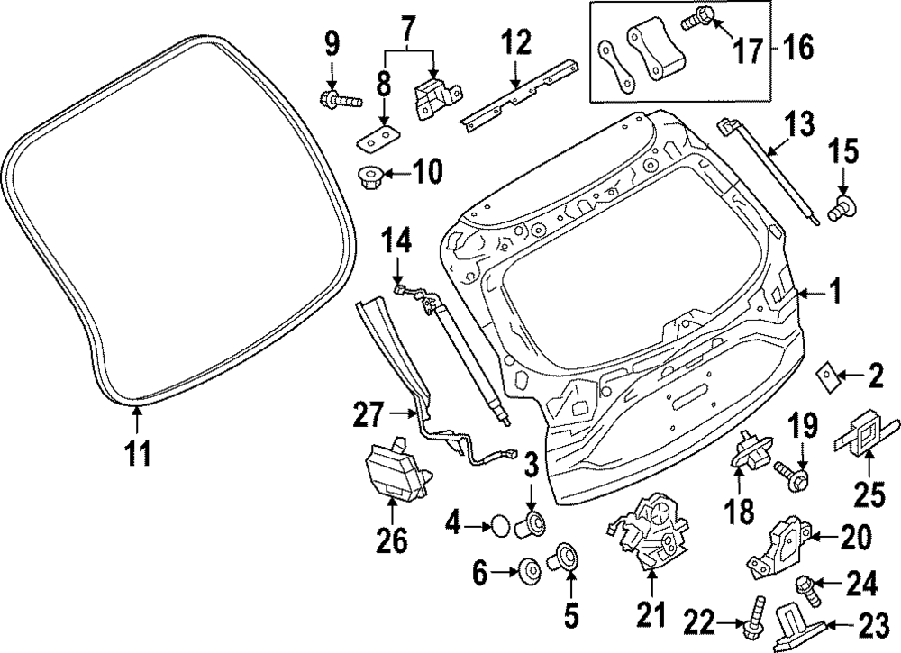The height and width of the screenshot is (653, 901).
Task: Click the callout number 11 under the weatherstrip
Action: point(136,452)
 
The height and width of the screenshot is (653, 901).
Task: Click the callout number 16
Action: point(794,46)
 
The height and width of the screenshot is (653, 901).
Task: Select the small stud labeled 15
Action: point(845,208)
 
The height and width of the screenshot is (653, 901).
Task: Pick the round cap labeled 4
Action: point(500,522)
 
